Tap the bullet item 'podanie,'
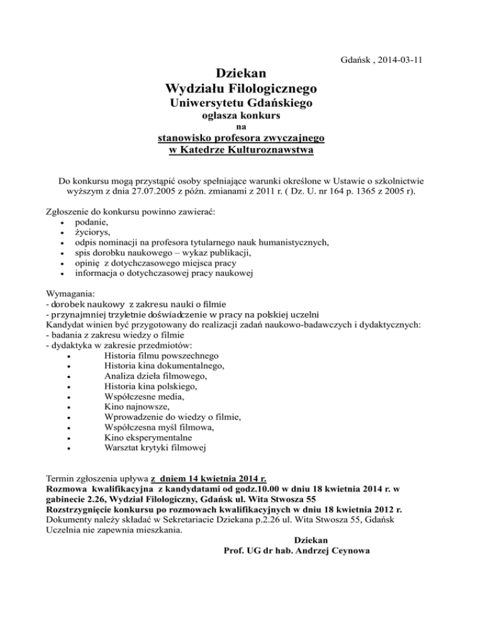(92, 223)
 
